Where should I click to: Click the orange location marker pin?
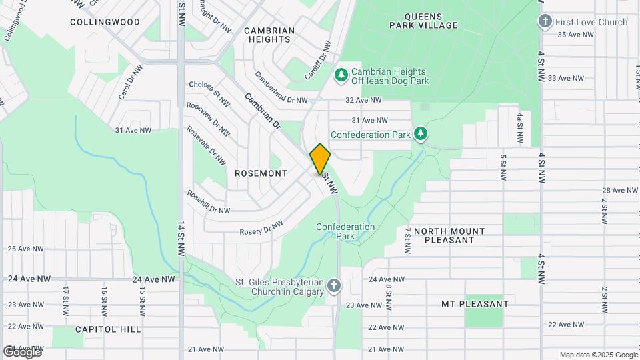[320, 159]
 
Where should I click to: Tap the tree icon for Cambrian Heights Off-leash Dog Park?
[341, 75]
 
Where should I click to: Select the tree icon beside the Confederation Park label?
[421, 135]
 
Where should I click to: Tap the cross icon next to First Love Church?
[545, 22]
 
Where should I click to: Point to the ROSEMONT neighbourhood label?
[261, 173]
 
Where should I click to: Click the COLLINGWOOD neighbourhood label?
[105, 22]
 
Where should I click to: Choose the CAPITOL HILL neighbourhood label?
[108, 329]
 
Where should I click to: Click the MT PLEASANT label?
[475, 304]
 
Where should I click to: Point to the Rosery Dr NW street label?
[261, 228]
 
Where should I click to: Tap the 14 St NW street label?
[181, 239]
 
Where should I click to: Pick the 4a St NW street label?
[519, 129]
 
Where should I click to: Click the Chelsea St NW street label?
[209, 94]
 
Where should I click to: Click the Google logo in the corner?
[22, 351]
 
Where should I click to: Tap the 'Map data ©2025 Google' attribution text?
[598, 355]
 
